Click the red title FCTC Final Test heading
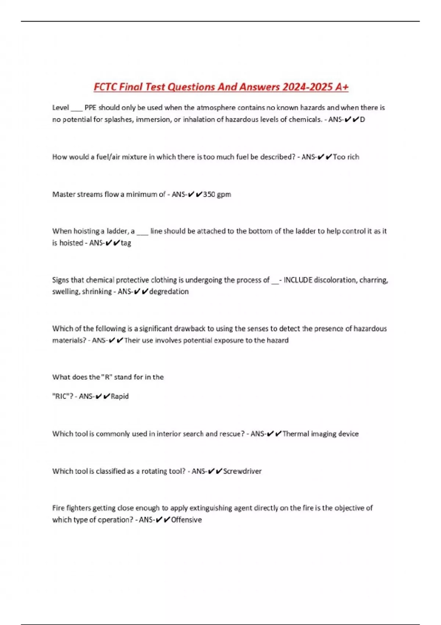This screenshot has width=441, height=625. (221, 87)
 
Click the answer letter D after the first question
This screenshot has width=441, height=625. (362, 119)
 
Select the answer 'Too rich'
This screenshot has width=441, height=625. (346, 157)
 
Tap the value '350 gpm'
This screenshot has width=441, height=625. (217, 194)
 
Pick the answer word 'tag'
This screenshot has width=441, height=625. (126, 243)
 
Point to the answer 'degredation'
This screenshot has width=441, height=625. (169, 292)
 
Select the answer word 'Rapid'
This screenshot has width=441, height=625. (119, 396)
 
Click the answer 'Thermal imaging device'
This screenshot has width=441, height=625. (320, 434)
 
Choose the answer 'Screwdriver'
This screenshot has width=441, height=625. (242, 471)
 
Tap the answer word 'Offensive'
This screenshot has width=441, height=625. (186, 520)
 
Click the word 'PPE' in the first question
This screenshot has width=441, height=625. (90, 108)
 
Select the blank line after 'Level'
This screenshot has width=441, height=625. (77, 108)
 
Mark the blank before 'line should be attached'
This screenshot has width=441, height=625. (142, 232)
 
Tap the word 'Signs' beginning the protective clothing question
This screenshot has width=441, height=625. (61, 280)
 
